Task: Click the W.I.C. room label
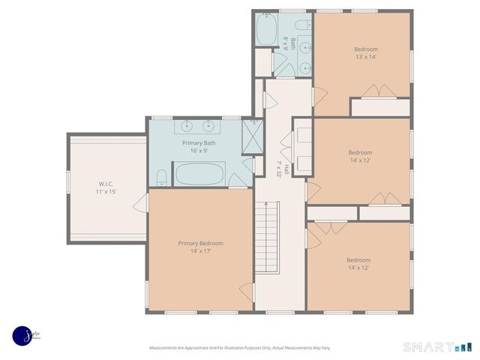(x=106, y=183)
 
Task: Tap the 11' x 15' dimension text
(x=106, y=192)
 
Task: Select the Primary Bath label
(x=200, y=142)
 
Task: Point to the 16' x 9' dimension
(x=200, y=151)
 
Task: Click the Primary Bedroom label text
(x=200, y=243)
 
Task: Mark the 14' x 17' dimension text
(x=200, y=251)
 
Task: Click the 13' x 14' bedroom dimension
(x=366, y=57)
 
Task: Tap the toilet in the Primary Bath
(x=162, y=178)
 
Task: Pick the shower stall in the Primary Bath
(x=251, y=136)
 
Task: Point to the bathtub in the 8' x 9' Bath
(x=267, y=30)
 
